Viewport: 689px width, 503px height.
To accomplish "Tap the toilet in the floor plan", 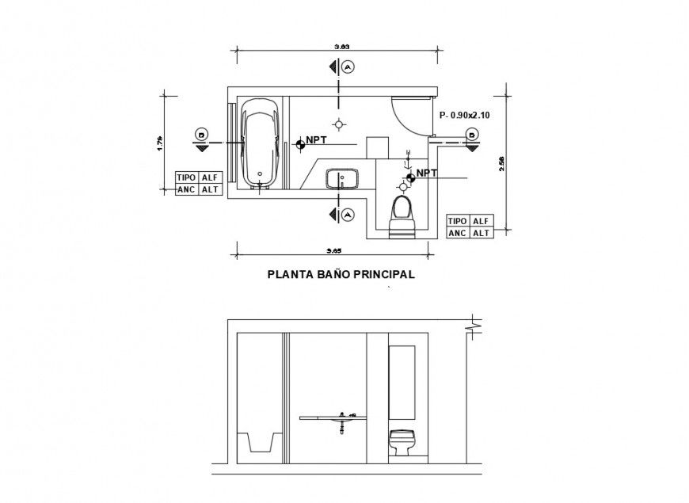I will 402,215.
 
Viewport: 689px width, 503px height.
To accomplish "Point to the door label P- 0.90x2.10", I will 464,116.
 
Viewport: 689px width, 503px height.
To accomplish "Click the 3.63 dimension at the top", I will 341,48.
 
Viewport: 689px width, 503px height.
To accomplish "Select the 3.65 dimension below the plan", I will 334,251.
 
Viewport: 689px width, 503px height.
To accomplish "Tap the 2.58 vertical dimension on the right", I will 501,162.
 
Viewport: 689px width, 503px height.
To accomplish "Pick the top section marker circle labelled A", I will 349,67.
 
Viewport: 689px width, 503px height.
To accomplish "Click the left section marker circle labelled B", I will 202,135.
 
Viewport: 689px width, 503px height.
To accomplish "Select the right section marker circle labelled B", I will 472,135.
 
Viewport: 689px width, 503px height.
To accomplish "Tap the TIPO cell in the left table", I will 187,178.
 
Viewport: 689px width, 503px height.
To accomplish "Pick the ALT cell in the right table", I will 481,233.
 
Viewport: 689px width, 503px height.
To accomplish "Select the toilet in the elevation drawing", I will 401,442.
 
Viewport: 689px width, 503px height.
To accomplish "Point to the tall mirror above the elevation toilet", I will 401,380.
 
